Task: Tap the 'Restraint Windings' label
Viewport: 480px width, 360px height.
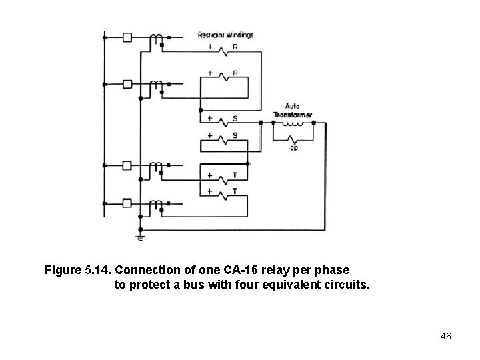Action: coord(226,35)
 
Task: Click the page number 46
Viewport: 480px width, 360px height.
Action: coord(446,336)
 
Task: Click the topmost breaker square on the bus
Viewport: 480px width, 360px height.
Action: coord(127,38)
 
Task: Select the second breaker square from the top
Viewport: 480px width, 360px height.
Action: coord(127,85)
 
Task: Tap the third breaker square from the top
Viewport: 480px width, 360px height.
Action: coord(127,165)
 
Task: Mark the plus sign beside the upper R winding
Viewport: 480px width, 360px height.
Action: coord(211,48)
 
